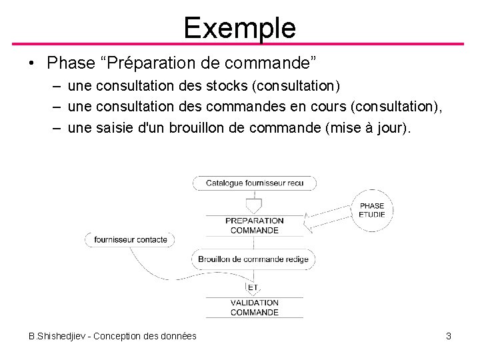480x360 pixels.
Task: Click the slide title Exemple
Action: [239, 27]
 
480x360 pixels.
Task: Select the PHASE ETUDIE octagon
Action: [371, 210]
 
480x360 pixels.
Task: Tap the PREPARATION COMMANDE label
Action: [254, 225]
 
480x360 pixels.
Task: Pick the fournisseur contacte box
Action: [131, 239]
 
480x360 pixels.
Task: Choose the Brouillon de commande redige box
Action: [253, 259]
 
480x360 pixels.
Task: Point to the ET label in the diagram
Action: [253, 287]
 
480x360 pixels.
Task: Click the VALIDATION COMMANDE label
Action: [254, 307]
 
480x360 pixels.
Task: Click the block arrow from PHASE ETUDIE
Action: [327, 215]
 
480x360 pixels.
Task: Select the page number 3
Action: [449, 336]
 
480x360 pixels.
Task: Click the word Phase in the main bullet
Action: [71, 63]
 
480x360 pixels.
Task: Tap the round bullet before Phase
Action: [31, 64]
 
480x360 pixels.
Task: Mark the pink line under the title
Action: [239, 44]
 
